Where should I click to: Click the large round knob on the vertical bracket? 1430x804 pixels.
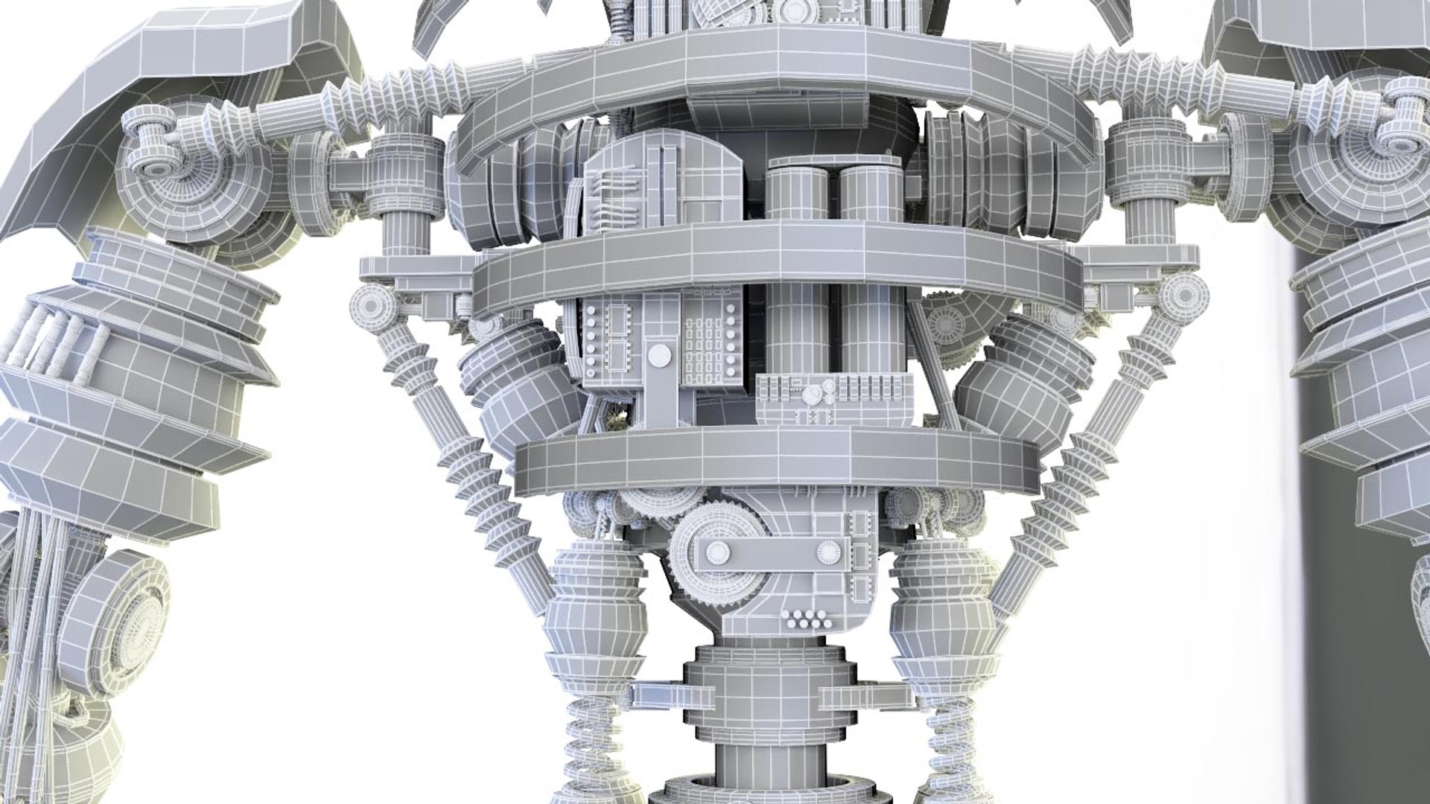pos(658,356)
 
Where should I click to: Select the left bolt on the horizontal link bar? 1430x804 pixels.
pos(718,552)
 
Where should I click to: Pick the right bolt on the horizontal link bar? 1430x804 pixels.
pos(828,552)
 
